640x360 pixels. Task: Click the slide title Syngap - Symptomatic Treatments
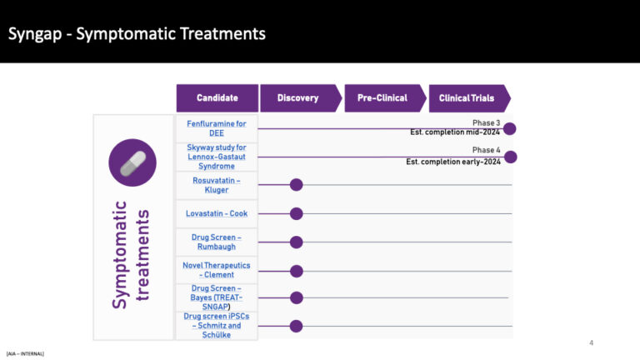(137, 34)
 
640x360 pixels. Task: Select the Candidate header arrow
(217, 98)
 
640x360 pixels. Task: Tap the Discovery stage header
(298, 98)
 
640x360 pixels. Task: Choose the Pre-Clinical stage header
(382, 98)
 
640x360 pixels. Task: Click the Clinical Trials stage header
(467, 98)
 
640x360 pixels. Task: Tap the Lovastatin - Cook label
(217, 213)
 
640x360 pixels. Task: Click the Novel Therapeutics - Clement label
(217, 270)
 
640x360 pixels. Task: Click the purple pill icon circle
(132, 163)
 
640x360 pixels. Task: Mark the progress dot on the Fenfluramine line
(510, 128)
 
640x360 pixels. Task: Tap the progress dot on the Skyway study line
(511, 157)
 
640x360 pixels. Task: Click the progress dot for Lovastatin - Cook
(296, 213)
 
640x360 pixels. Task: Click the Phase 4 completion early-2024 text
(453, 156)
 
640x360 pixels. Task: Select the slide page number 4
(591, 342)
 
